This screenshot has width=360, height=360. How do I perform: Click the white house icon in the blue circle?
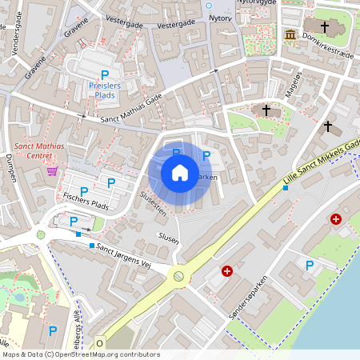pyautogui.click(x=180, y=173)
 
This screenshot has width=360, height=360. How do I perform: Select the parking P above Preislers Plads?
pyautogui.click(x=105, y=74)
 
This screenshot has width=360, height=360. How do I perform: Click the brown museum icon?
pyautogui.click(x=290, y=35)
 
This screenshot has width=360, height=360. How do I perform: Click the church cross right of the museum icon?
pyautogui.click(x=325, y=26)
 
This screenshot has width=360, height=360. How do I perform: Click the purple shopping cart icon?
pyautogui.click(x=52, y=170)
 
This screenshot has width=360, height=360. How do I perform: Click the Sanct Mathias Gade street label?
pyautogui.click(x=131, y=107)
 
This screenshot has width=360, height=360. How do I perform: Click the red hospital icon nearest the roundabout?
pyautogui.click(x=227, y=272)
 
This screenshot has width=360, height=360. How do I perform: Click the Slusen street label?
pyautogui.click(x=169, y=237)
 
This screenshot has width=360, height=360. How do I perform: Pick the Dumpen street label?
pyautogui.click(x=10, y=165)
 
